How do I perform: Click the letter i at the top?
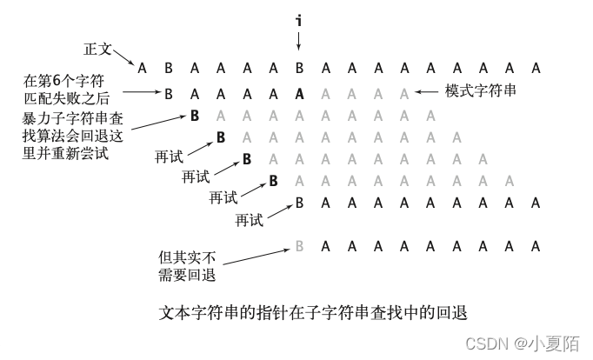[x=298, y=19]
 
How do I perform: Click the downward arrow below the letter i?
[x=298, y=40]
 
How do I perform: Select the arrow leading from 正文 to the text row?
[x=123, y=59]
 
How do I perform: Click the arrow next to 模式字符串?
[x=428, y=91]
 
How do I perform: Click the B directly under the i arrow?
[x=299, y=68]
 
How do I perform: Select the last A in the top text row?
[x=536, y=68]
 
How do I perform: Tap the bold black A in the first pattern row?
[x=299, y=92]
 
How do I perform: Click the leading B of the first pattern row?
[x=169, y=92]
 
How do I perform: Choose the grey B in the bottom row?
[x=299, y=246]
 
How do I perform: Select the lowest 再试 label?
[x=250, y=220]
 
